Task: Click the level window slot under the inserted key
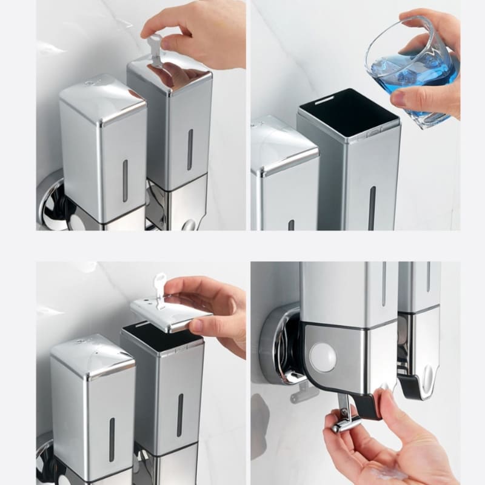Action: (190, 149)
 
